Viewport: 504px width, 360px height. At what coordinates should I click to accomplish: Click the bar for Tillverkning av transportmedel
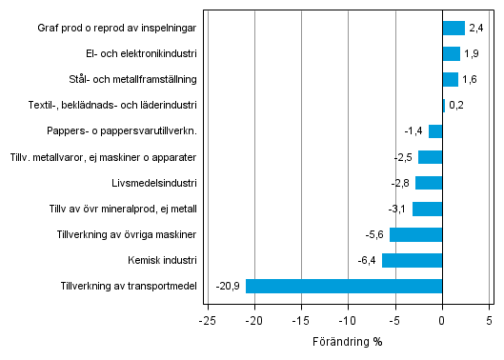coord(344,286)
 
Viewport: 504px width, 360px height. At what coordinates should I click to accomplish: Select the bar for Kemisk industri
coord(412,260)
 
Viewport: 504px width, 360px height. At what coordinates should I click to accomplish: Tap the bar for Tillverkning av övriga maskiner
coord(415,234)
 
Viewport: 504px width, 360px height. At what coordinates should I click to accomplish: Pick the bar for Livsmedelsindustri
coord(429,183)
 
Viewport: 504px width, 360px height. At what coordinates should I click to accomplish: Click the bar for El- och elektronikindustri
coord(452,54)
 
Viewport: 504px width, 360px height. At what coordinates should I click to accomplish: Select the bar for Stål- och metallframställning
coord(450,80)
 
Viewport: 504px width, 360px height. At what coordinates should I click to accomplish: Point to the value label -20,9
coord(228,286)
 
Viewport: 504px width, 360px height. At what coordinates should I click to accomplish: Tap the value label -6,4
coord(368,260)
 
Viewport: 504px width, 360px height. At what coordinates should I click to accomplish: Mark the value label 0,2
coord(456,106)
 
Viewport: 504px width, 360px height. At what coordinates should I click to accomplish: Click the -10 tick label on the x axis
coord(349,319)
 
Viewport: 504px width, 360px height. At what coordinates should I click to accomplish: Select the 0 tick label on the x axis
coord(442,319)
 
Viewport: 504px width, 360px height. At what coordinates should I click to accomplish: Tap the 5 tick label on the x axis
coord(489,319)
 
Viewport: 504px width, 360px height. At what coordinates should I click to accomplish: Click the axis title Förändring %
coord(348,341)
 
